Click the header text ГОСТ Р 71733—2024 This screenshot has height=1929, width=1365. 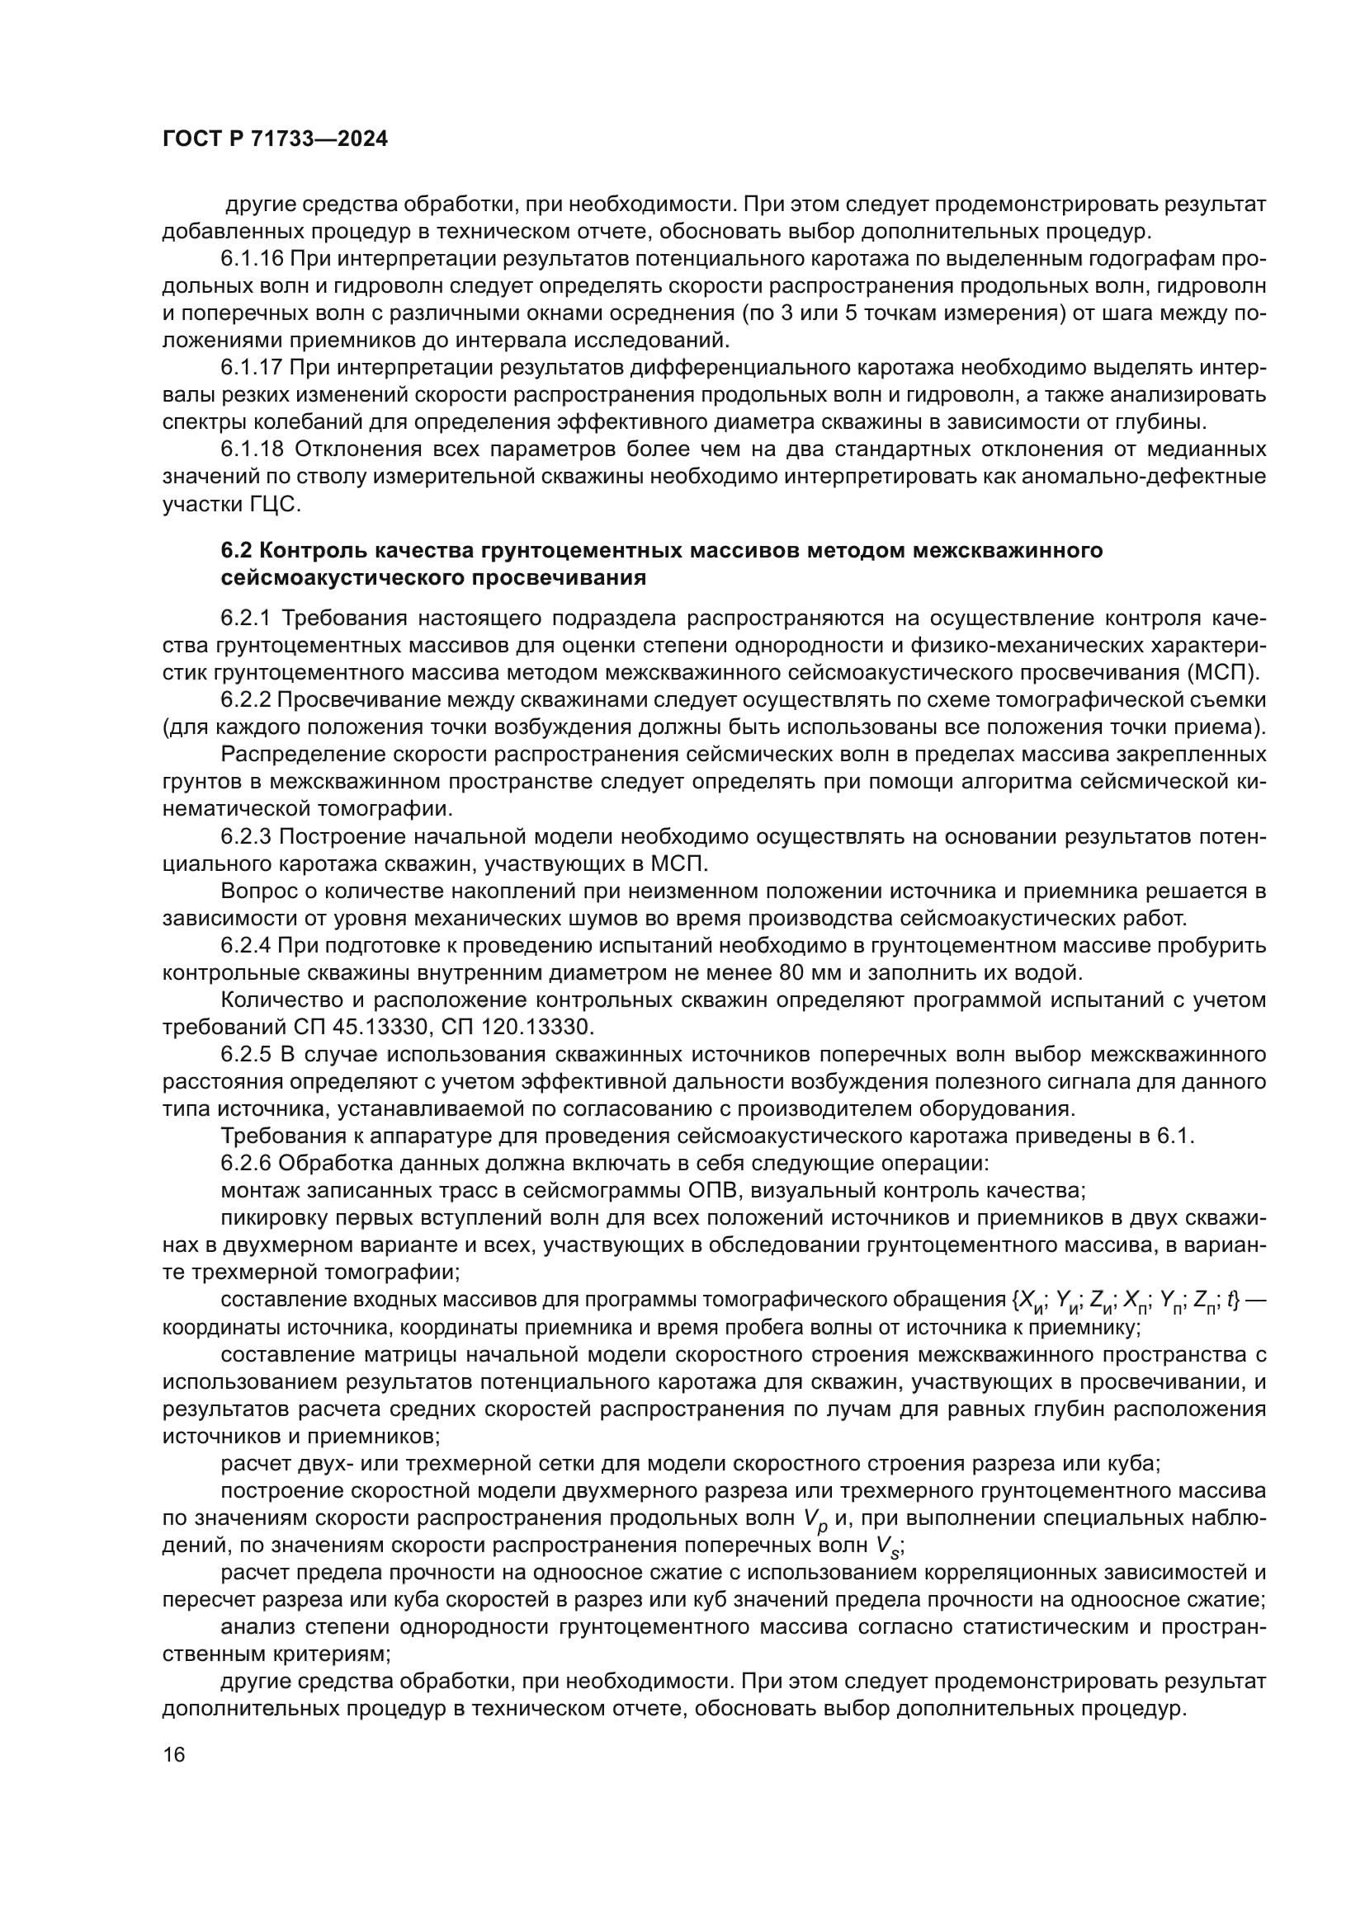pos(275,139)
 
